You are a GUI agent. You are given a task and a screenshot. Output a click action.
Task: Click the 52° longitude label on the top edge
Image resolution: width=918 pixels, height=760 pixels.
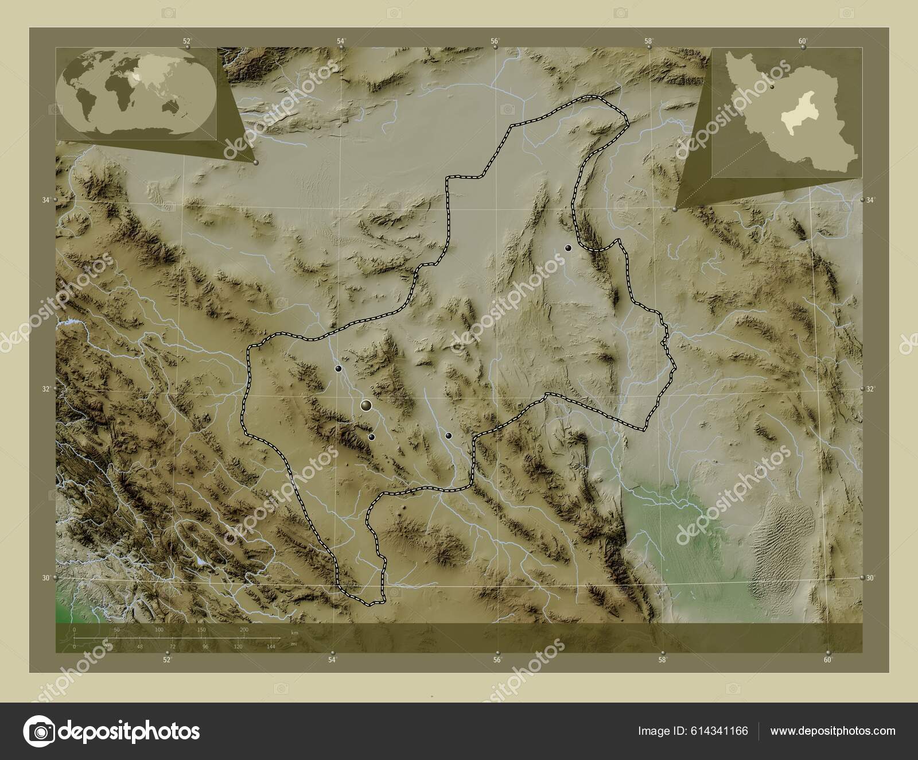186,41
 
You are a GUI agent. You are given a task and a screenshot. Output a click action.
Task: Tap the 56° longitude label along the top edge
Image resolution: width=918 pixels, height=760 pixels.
495,41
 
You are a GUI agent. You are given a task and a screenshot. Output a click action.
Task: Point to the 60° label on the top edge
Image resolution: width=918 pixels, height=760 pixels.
803,41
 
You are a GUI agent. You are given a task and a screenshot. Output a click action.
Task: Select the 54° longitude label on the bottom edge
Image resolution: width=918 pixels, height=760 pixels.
332,660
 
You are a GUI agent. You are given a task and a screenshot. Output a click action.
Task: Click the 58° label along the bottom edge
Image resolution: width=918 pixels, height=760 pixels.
662,660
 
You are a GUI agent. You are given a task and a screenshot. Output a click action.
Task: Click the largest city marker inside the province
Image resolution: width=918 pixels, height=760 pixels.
366,406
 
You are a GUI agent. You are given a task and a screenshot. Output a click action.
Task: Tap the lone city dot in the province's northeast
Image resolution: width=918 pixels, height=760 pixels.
568,248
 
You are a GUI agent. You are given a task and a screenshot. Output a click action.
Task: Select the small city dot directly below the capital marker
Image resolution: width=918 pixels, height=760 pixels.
372,437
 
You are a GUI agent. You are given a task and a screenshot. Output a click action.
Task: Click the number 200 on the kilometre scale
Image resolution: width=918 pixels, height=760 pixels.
244,630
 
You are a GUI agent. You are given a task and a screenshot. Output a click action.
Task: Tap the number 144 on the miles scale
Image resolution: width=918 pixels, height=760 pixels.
271,646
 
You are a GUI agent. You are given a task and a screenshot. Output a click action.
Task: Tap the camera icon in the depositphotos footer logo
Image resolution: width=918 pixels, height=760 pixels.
39,731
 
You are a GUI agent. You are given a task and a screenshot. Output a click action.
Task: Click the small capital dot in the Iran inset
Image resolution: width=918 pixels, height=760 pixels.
773,87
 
